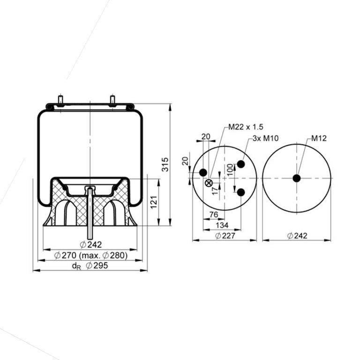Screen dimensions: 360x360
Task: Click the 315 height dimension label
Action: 165,165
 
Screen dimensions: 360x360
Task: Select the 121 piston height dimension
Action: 154,202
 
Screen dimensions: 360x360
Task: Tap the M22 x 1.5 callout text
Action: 246,127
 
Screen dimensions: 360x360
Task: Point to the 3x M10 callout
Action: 266,138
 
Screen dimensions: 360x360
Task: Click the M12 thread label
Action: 319,138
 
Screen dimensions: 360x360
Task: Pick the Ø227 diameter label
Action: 225,236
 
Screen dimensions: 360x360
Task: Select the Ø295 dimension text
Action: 97,266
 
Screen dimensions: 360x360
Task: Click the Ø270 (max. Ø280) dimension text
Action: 90,255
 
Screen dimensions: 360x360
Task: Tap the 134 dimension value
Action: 222,225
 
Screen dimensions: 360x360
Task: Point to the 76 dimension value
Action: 214,215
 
